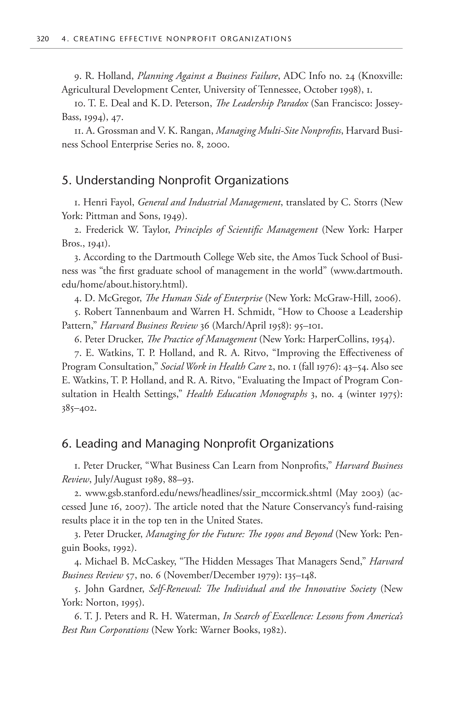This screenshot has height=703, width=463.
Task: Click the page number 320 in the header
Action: [43, 39]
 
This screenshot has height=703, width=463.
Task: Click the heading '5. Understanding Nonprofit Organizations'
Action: [175, 180]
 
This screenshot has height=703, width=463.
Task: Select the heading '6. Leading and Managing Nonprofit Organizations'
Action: [198, 444]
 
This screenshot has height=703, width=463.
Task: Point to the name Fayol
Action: [122, 203]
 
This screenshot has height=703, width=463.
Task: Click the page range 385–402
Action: [79, 409]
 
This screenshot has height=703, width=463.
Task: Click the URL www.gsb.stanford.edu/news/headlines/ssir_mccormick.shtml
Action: [209, 493]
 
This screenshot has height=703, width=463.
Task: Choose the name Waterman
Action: [197, 617]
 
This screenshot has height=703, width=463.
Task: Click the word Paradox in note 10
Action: [292, 103]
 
